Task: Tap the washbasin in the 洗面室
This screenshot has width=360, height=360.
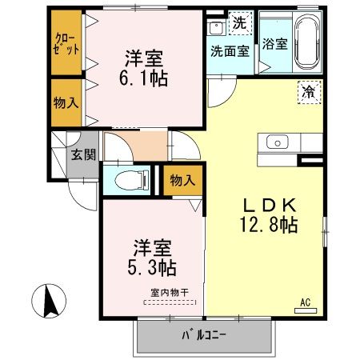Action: (x=215, y=28)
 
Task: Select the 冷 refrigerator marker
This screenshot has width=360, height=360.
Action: (x=308, y=91)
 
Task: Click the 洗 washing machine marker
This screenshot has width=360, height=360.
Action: (x=239, y=23)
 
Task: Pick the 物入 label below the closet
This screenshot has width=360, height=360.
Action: (x=66, y=102)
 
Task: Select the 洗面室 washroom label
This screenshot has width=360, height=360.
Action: (x=230, y=50)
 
